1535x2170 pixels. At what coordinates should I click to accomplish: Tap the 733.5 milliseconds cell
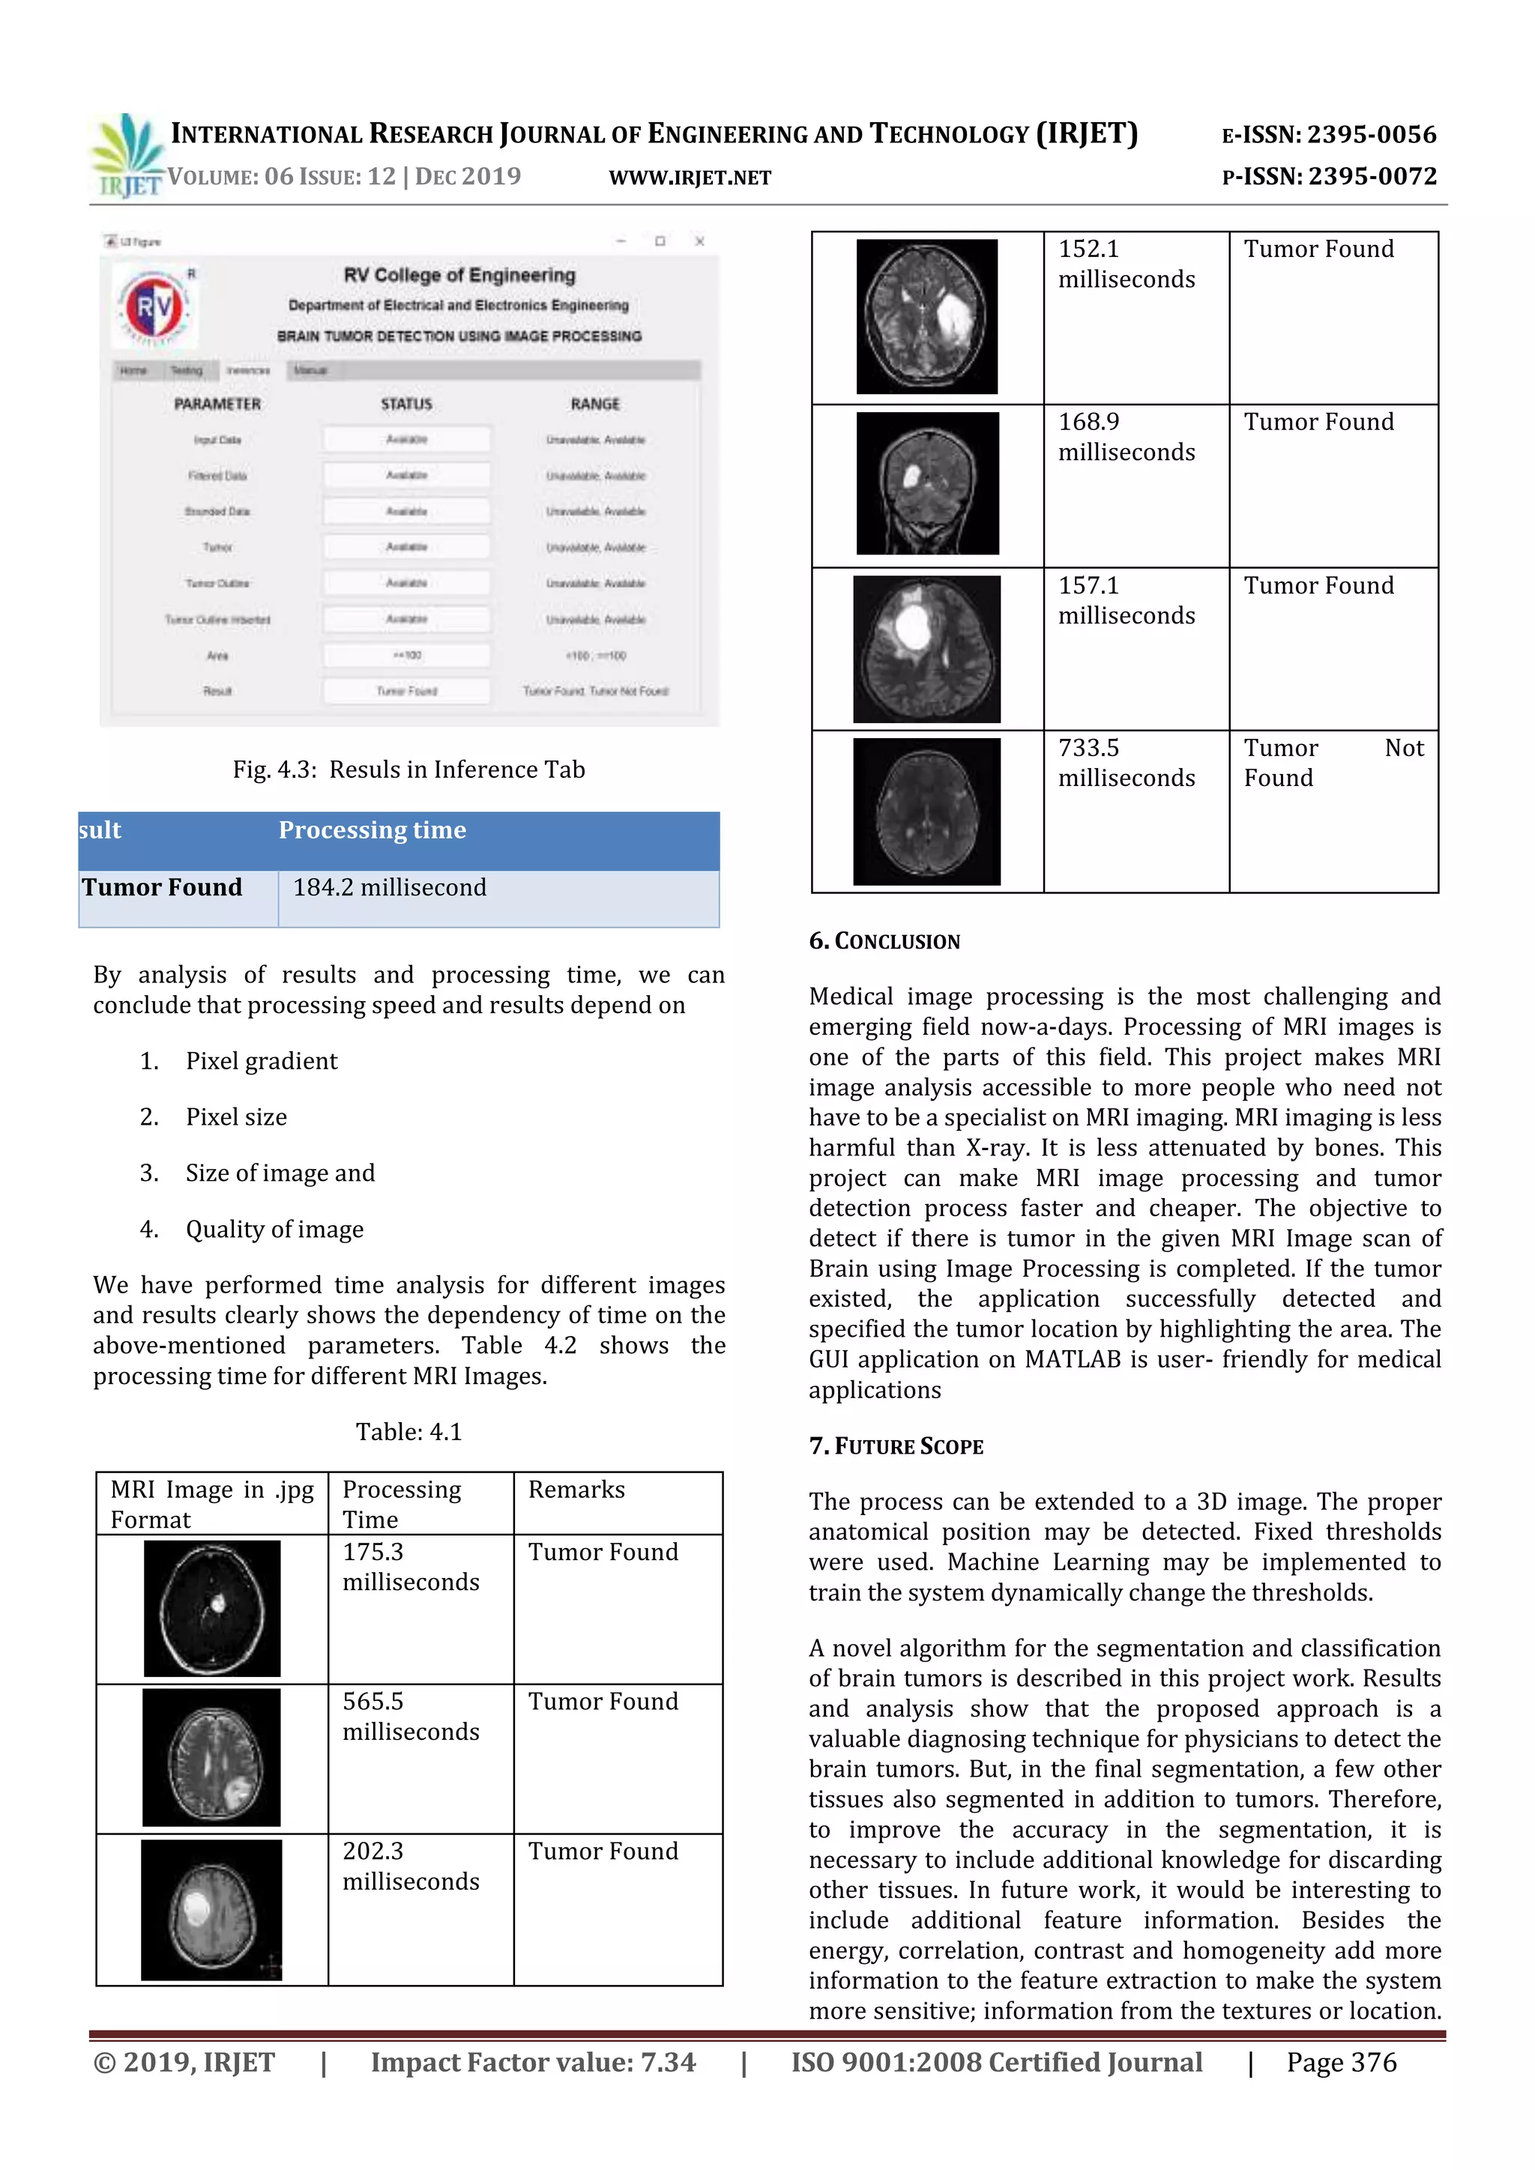click(x=1126, y=763)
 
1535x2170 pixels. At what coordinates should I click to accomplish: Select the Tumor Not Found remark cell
click(x=1332, y=763)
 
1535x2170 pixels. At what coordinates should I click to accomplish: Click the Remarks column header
click(x=576, y=1490)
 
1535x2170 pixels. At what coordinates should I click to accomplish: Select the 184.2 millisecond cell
click(x=390, y=887)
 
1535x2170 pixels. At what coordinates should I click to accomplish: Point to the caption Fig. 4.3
click(x=408, y=770)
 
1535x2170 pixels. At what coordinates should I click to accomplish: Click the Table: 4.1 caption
click(x=408, y=1432)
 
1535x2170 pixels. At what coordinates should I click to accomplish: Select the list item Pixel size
click(x=236, y=1117)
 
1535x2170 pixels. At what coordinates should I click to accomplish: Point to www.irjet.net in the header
click(x=690, y=178)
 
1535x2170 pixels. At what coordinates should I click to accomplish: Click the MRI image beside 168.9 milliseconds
click(x=926, y=483)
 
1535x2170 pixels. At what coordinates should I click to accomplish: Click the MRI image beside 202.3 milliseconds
click(x=211, y=1909)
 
